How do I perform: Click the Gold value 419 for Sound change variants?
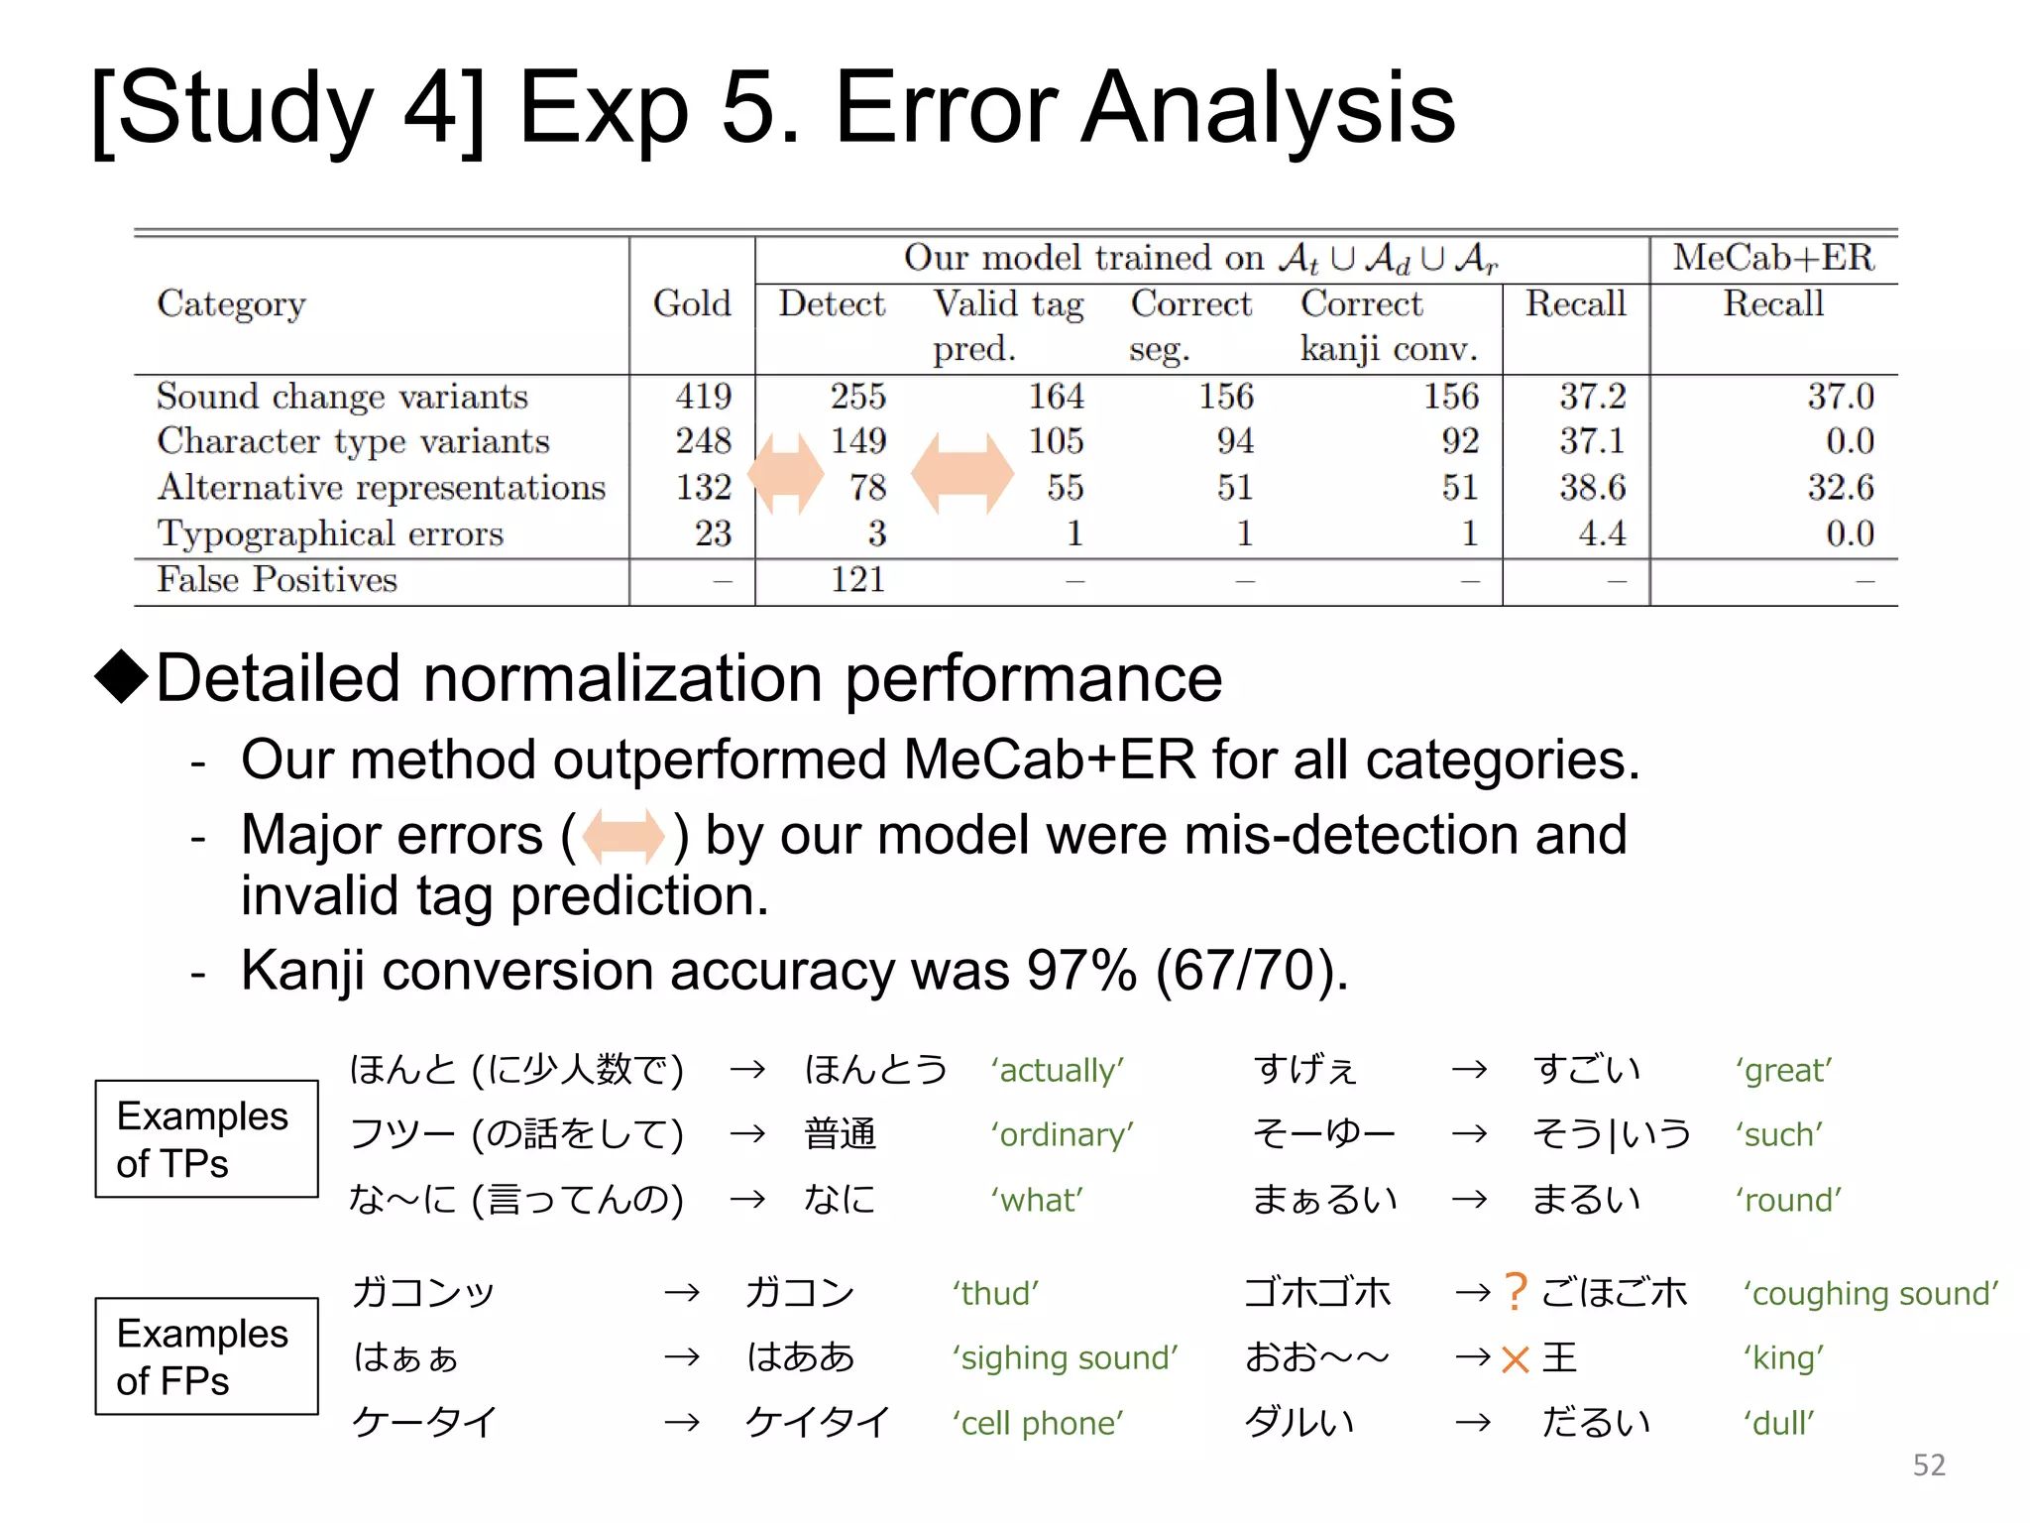tap(703, 397)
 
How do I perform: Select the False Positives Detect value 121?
tap(857, 579)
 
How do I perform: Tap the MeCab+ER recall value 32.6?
tap(1840, 487)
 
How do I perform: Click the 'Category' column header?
tap(231, 304)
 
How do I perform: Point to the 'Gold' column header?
tap(692, 303)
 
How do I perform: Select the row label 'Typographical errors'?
tap(330, 533)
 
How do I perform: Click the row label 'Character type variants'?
tap(353, 441)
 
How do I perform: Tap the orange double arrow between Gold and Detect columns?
tap(786, 473)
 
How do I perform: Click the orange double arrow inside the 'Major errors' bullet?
tap(623, 835)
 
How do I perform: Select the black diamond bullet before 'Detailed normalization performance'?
tap(121, 676)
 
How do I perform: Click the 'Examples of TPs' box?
tap(206, 1139)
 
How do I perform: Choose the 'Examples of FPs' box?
tap(206, 1356)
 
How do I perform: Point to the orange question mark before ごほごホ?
tap(1515, 1292)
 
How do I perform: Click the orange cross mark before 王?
tap(1515, 1358)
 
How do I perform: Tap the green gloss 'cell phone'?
tap(1038, 1423)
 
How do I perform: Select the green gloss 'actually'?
tap(1057, 1071)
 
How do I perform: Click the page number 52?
tap(1928, 1464)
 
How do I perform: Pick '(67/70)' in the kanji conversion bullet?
tap(1251, 971)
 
